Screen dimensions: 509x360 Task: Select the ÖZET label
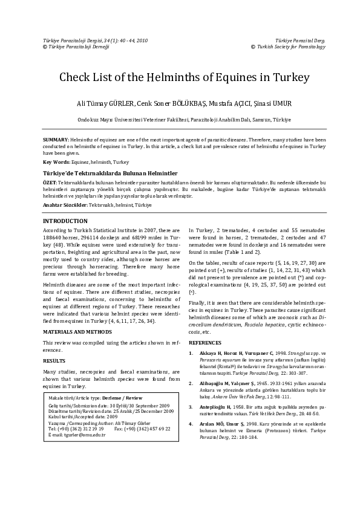pyautogui.click(x=50, y=182)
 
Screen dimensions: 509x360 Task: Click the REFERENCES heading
pyautogui.click(x=209, y=342)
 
